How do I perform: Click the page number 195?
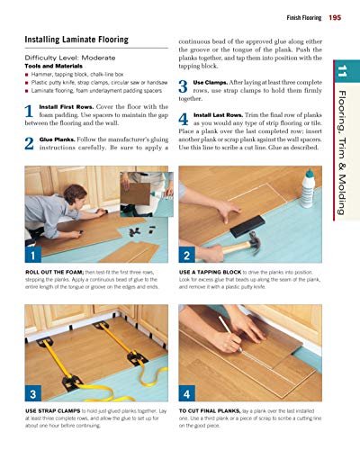(335, 18)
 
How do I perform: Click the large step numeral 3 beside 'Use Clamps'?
(184, 88)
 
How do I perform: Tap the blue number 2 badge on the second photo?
(185, 256)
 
